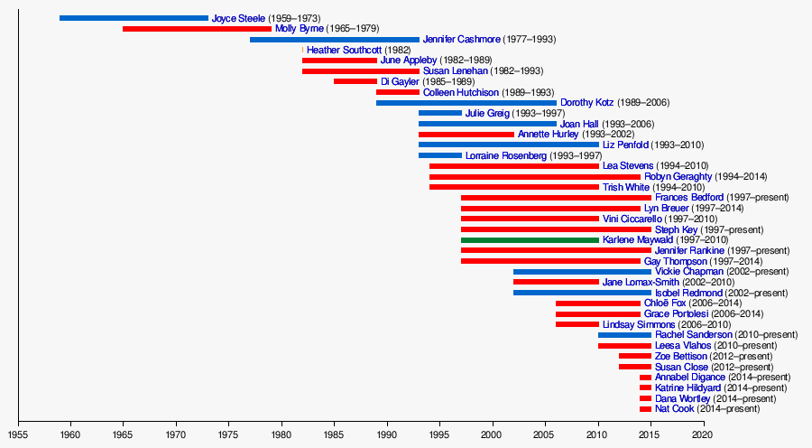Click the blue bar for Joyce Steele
(134, 18)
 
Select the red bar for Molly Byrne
(197, 29)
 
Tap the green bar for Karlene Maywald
(530, 240)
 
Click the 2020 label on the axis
(703, 434)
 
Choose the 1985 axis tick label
(334, 434)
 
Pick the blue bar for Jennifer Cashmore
(335, 40)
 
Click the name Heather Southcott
(344, 50)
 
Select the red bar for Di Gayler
(355, 81)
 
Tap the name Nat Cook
(674, 409)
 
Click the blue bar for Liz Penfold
(509, 145)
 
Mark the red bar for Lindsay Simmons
(577, 324)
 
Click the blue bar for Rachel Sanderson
(624, 335)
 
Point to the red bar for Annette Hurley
(466, 135)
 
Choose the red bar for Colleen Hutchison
(398, 92)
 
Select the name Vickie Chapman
(689, 271)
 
